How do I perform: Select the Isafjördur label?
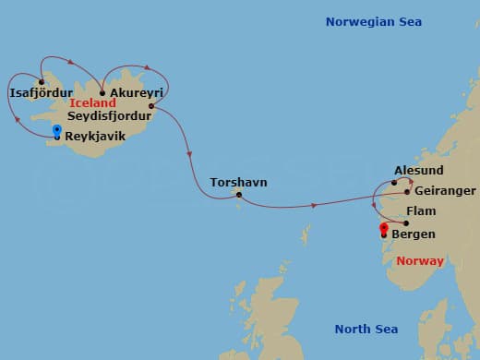(40, 93)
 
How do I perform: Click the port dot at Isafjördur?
(42, 81)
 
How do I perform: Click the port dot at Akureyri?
(102, 92)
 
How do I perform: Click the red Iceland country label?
(92, 104)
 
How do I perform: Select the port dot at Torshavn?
(239, 195)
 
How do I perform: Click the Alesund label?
(418, 171)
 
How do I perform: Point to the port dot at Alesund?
(394, 182)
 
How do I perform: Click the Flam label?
(421, 211)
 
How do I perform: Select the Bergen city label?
(414, 234)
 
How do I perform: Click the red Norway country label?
(420, 261)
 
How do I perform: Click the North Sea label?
(366, 329)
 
